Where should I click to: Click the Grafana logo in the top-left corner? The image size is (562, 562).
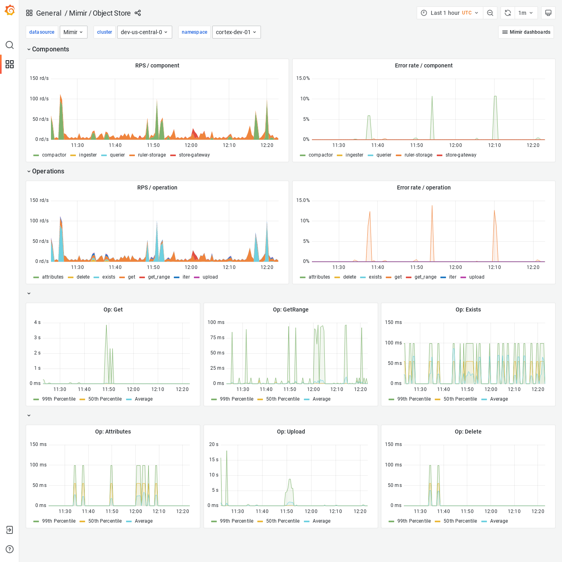pos(10,10)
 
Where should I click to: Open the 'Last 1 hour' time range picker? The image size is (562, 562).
pos(450,13)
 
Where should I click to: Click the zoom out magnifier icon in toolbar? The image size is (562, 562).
pos(490,13)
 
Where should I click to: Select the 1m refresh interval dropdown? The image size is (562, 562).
pos(525,13)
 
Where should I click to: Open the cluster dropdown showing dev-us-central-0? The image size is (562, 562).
pos(144,32)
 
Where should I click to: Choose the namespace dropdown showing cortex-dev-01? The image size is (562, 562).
pos(236,32)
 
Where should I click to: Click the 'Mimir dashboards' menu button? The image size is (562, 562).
pos(526,32)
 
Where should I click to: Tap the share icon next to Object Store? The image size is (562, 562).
pos(138,13)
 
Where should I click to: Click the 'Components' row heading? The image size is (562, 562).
pos(50,49)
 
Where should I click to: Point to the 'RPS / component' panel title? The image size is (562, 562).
pos(157,65)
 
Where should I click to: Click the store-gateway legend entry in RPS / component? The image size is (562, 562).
pos(194,155)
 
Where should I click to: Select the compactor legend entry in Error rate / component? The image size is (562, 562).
pos(320,155)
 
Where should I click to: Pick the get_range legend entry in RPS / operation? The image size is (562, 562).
pos(159,277)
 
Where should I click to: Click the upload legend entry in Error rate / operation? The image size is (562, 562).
pos(476,277)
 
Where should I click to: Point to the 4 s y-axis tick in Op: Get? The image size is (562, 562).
pos(37,322)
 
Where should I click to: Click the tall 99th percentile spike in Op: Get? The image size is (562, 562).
pos(106,326)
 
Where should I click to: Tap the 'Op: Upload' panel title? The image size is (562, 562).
pos(291,432)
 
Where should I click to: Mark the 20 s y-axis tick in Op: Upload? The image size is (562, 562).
pos(214,444)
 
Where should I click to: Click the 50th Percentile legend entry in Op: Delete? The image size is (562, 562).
pos(460,521)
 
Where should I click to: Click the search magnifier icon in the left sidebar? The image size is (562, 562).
pos(10,45)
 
